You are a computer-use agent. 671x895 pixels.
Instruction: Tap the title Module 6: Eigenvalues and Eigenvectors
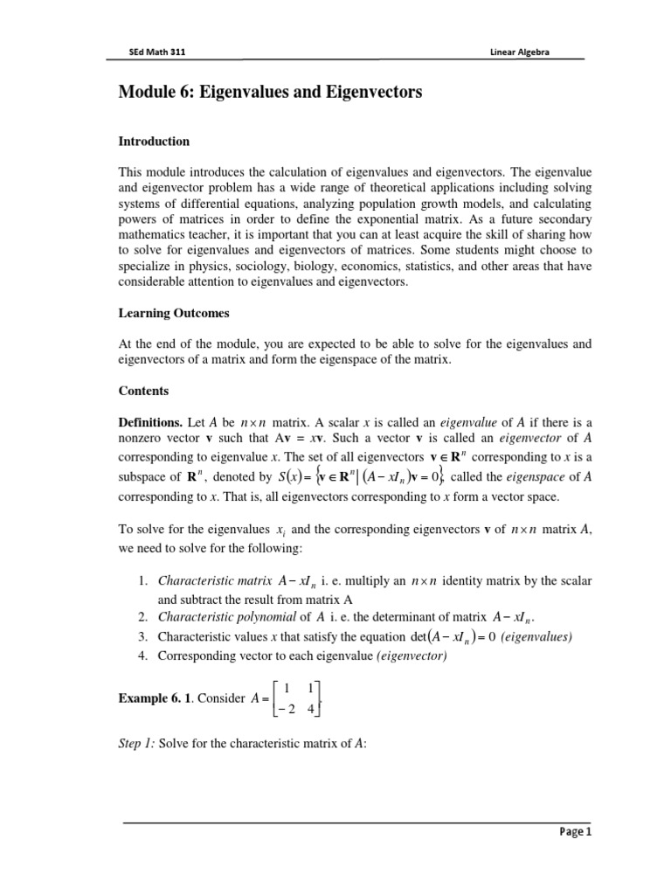point(270,93)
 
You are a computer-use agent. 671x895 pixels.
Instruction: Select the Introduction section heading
point(155,141)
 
